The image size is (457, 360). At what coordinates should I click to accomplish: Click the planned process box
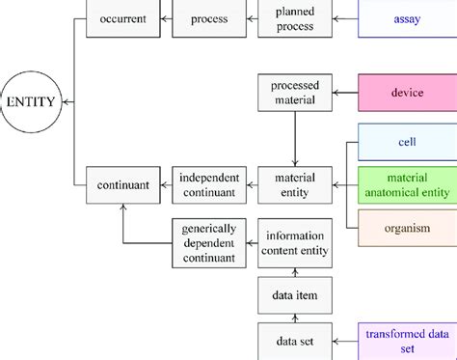[294, 18]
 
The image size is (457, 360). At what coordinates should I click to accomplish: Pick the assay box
[406, 18]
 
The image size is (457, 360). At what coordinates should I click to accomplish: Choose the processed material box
[294, 93]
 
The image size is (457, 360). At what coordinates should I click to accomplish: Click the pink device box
[406, 94]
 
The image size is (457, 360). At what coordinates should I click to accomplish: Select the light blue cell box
[406, 142]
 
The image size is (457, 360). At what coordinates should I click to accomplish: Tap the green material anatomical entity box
[406, 184]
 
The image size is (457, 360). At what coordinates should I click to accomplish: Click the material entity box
[294, 185]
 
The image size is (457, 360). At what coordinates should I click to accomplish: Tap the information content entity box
[294, 241]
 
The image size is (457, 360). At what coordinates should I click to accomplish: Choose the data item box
[294, 293]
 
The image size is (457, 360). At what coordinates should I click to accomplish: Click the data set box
[294, 341]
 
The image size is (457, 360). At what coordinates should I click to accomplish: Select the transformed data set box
[406, 341]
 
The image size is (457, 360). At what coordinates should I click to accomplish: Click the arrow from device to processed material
[344, 94]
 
